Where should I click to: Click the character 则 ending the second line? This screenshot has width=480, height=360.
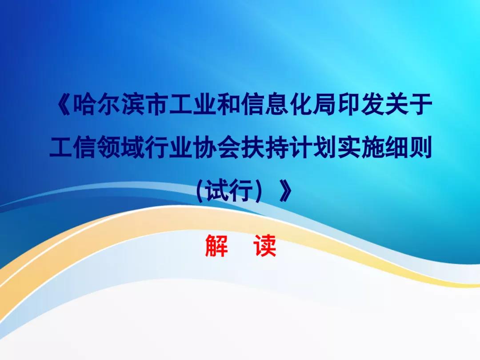coord(420,147)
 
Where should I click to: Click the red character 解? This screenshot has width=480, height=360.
coord(216,245)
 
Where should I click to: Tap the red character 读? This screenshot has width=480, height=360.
coord(265,245)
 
